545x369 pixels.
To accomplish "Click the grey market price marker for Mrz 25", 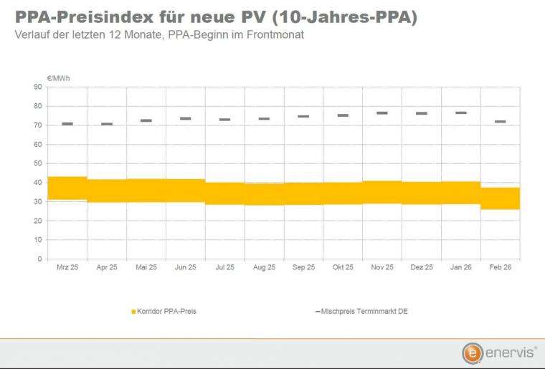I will (x=67, y=124).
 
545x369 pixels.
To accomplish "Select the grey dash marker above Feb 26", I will (x=501, y=122).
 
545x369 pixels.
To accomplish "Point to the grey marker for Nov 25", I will (x=382, y=113).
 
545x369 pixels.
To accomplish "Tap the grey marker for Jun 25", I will (x=186, y=119).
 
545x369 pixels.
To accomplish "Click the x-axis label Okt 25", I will (x=343, y=267).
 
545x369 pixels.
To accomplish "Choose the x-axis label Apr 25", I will (x=107, y=267).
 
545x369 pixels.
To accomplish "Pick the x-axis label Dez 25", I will (x=422, y=267).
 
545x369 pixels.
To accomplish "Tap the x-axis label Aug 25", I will (x=264, y=267).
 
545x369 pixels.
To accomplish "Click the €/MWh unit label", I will (x=59, y=77).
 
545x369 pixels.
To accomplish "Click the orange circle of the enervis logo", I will (x=471, y=353).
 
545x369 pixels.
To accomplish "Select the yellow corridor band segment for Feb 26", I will (x=501, y=198).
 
